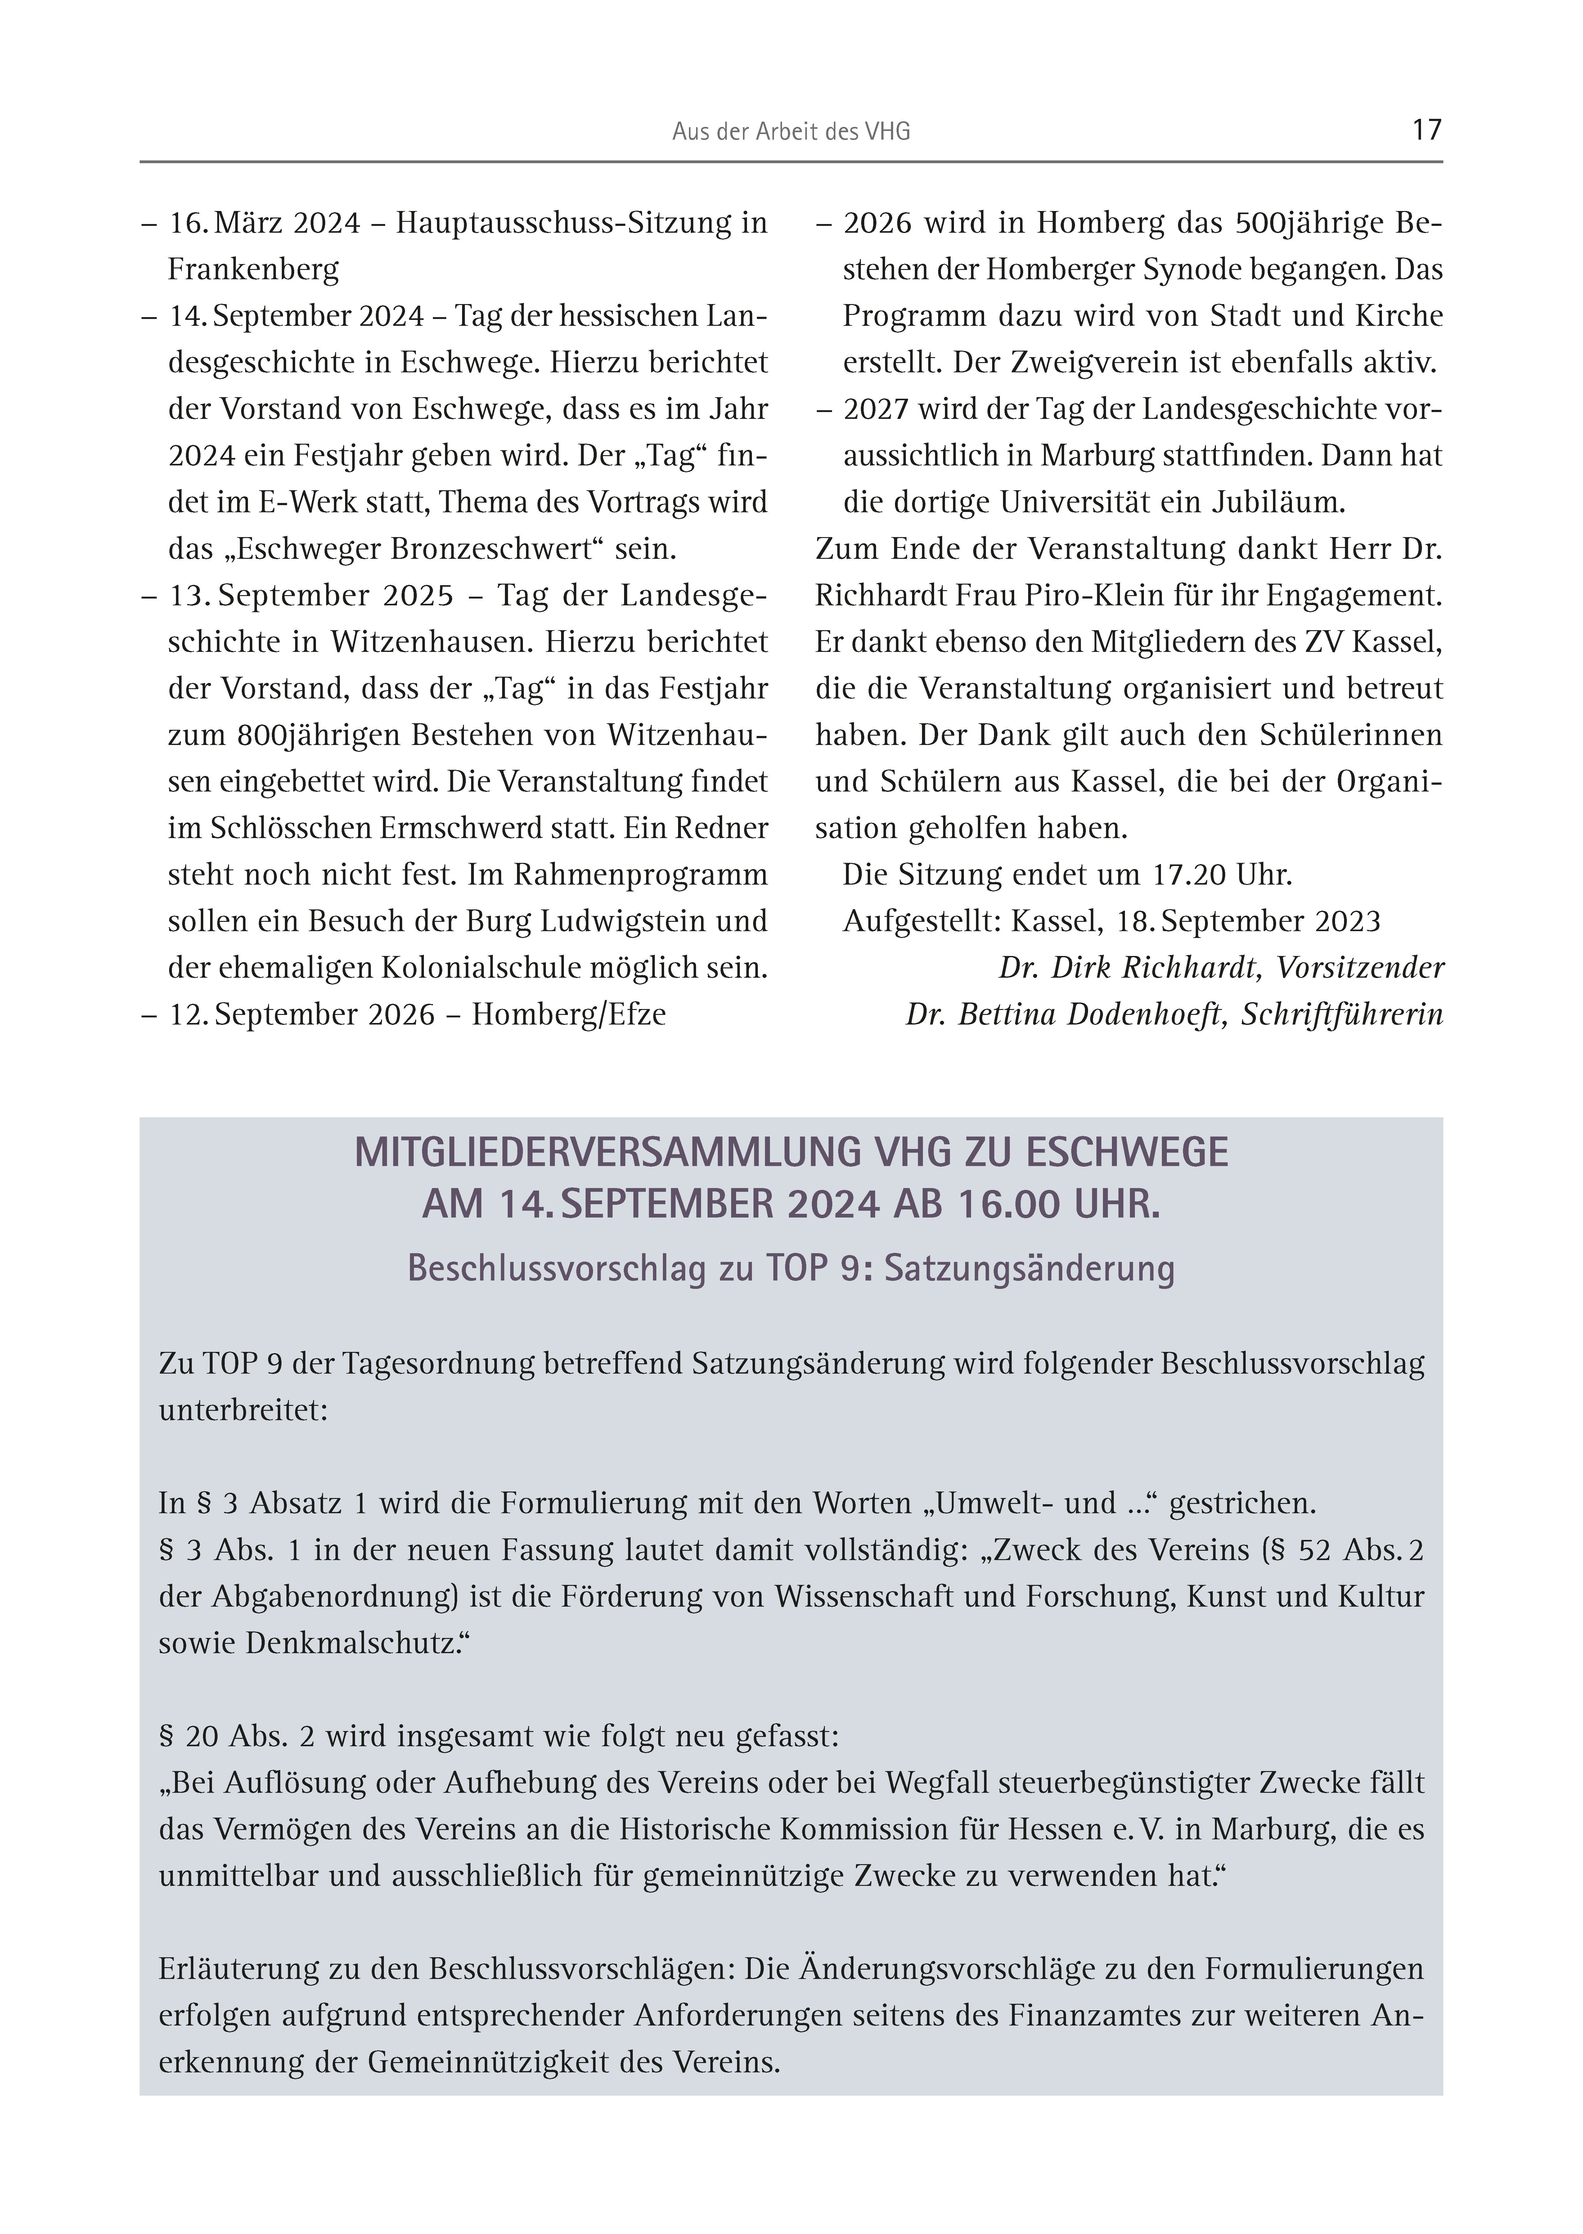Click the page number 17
[1426, 130]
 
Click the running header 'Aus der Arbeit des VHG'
[790, 132]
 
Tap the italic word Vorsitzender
[1360, 968]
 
